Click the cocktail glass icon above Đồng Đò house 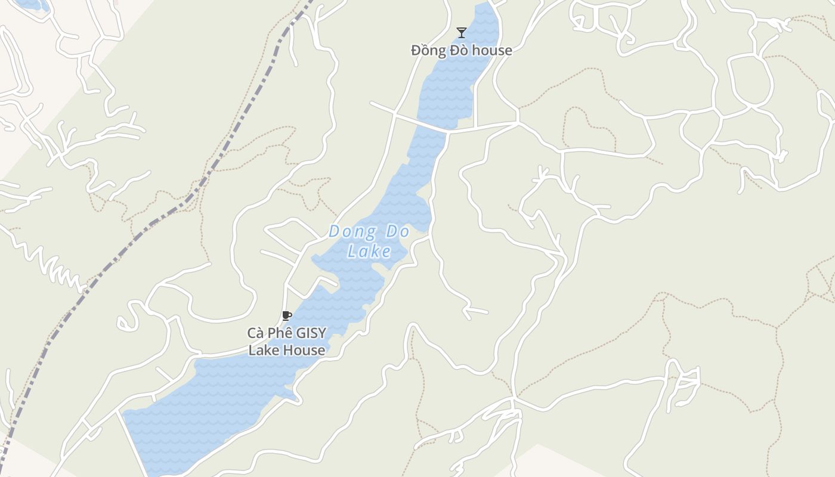click(461, 32)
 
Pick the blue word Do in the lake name click(397, 231)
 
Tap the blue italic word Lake click(370, 251)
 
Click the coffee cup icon click(286, 315)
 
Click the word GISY click(311, 333)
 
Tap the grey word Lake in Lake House click(262, 350)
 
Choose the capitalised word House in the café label click(304, 350)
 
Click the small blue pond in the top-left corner click(33, 4)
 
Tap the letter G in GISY click(301, 333)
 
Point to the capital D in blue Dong click(334, 231)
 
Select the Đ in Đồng click(416, 50)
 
